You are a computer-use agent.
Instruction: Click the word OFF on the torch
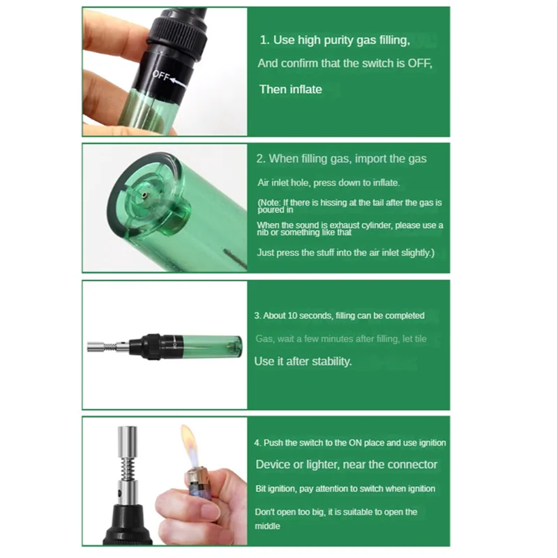(160, 77)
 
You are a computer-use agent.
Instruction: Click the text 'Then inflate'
(290, 89)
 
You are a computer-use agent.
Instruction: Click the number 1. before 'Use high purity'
(264, 40)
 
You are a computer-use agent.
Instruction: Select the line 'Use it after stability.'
(303, 361)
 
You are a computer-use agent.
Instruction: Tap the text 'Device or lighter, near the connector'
(346, 465)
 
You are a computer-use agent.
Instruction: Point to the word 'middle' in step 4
(267, 526)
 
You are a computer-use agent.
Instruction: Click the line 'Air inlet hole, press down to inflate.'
(328, 183)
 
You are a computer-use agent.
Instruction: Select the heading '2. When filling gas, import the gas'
(341, 159)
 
